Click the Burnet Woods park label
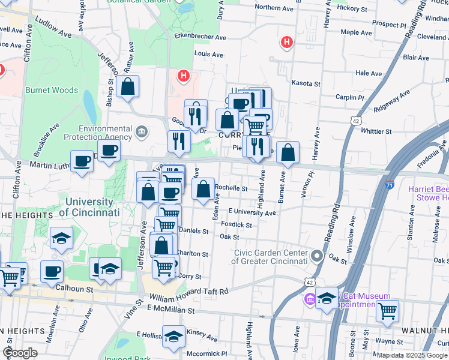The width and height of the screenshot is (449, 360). point(52,91)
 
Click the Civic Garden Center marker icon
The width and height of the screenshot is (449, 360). point(318,256)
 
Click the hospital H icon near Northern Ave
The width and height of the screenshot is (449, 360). point(288,42)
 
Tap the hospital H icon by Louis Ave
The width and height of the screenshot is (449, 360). point(184,76)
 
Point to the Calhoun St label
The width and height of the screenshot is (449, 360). point(74,289)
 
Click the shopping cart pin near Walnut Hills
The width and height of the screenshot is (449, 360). point(388,311)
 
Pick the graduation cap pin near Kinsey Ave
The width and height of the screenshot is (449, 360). point(174,338)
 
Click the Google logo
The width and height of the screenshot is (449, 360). point(20,353)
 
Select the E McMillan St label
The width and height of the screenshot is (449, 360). point(172,311)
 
